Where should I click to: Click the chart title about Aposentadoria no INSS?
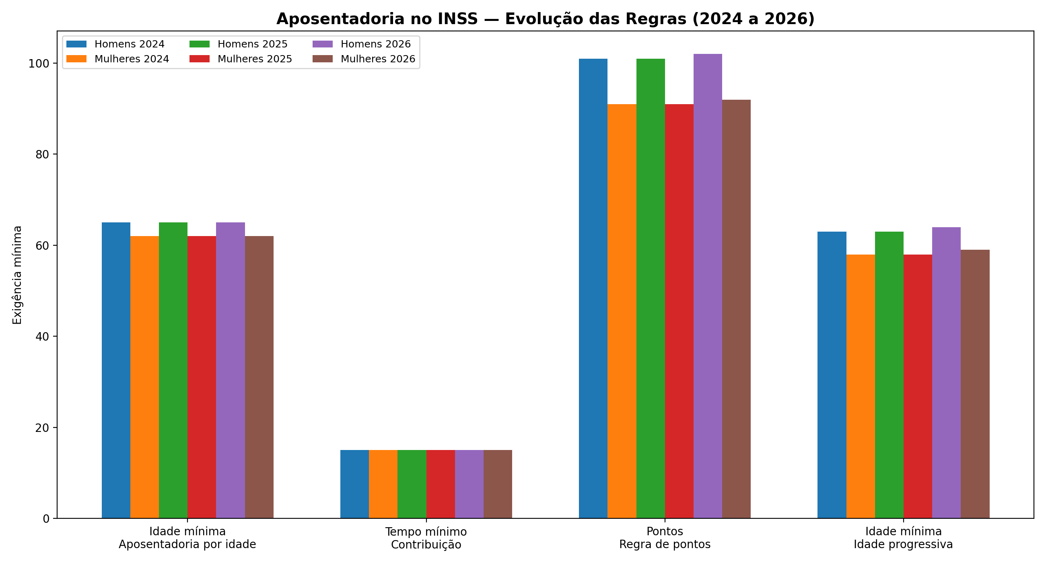[x=546, y=19]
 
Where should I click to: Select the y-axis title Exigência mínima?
[x=17, y=275]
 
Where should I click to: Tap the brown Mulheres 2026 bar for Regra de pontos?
[x=736, y=309]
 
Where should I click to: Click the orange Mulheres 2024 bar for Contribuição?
[x=383, y=484]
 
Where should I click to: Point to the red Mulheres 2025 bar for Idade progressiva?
[x=918, y=386]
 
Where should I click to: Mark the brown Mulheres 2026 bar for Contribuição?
[x=497, y=484]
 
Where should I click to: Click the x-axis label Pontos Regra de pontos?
[x=665, y=537]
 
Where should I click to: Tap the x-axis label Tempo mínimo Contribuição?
[x=426, y=538]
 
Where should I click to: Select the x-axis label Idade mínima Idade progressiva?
[x=903, y=537]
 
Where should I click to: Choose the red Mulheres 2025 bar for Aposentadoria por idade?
[x=202, y=377]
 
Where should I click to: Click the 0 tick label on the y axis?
[x=46, y=518]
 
